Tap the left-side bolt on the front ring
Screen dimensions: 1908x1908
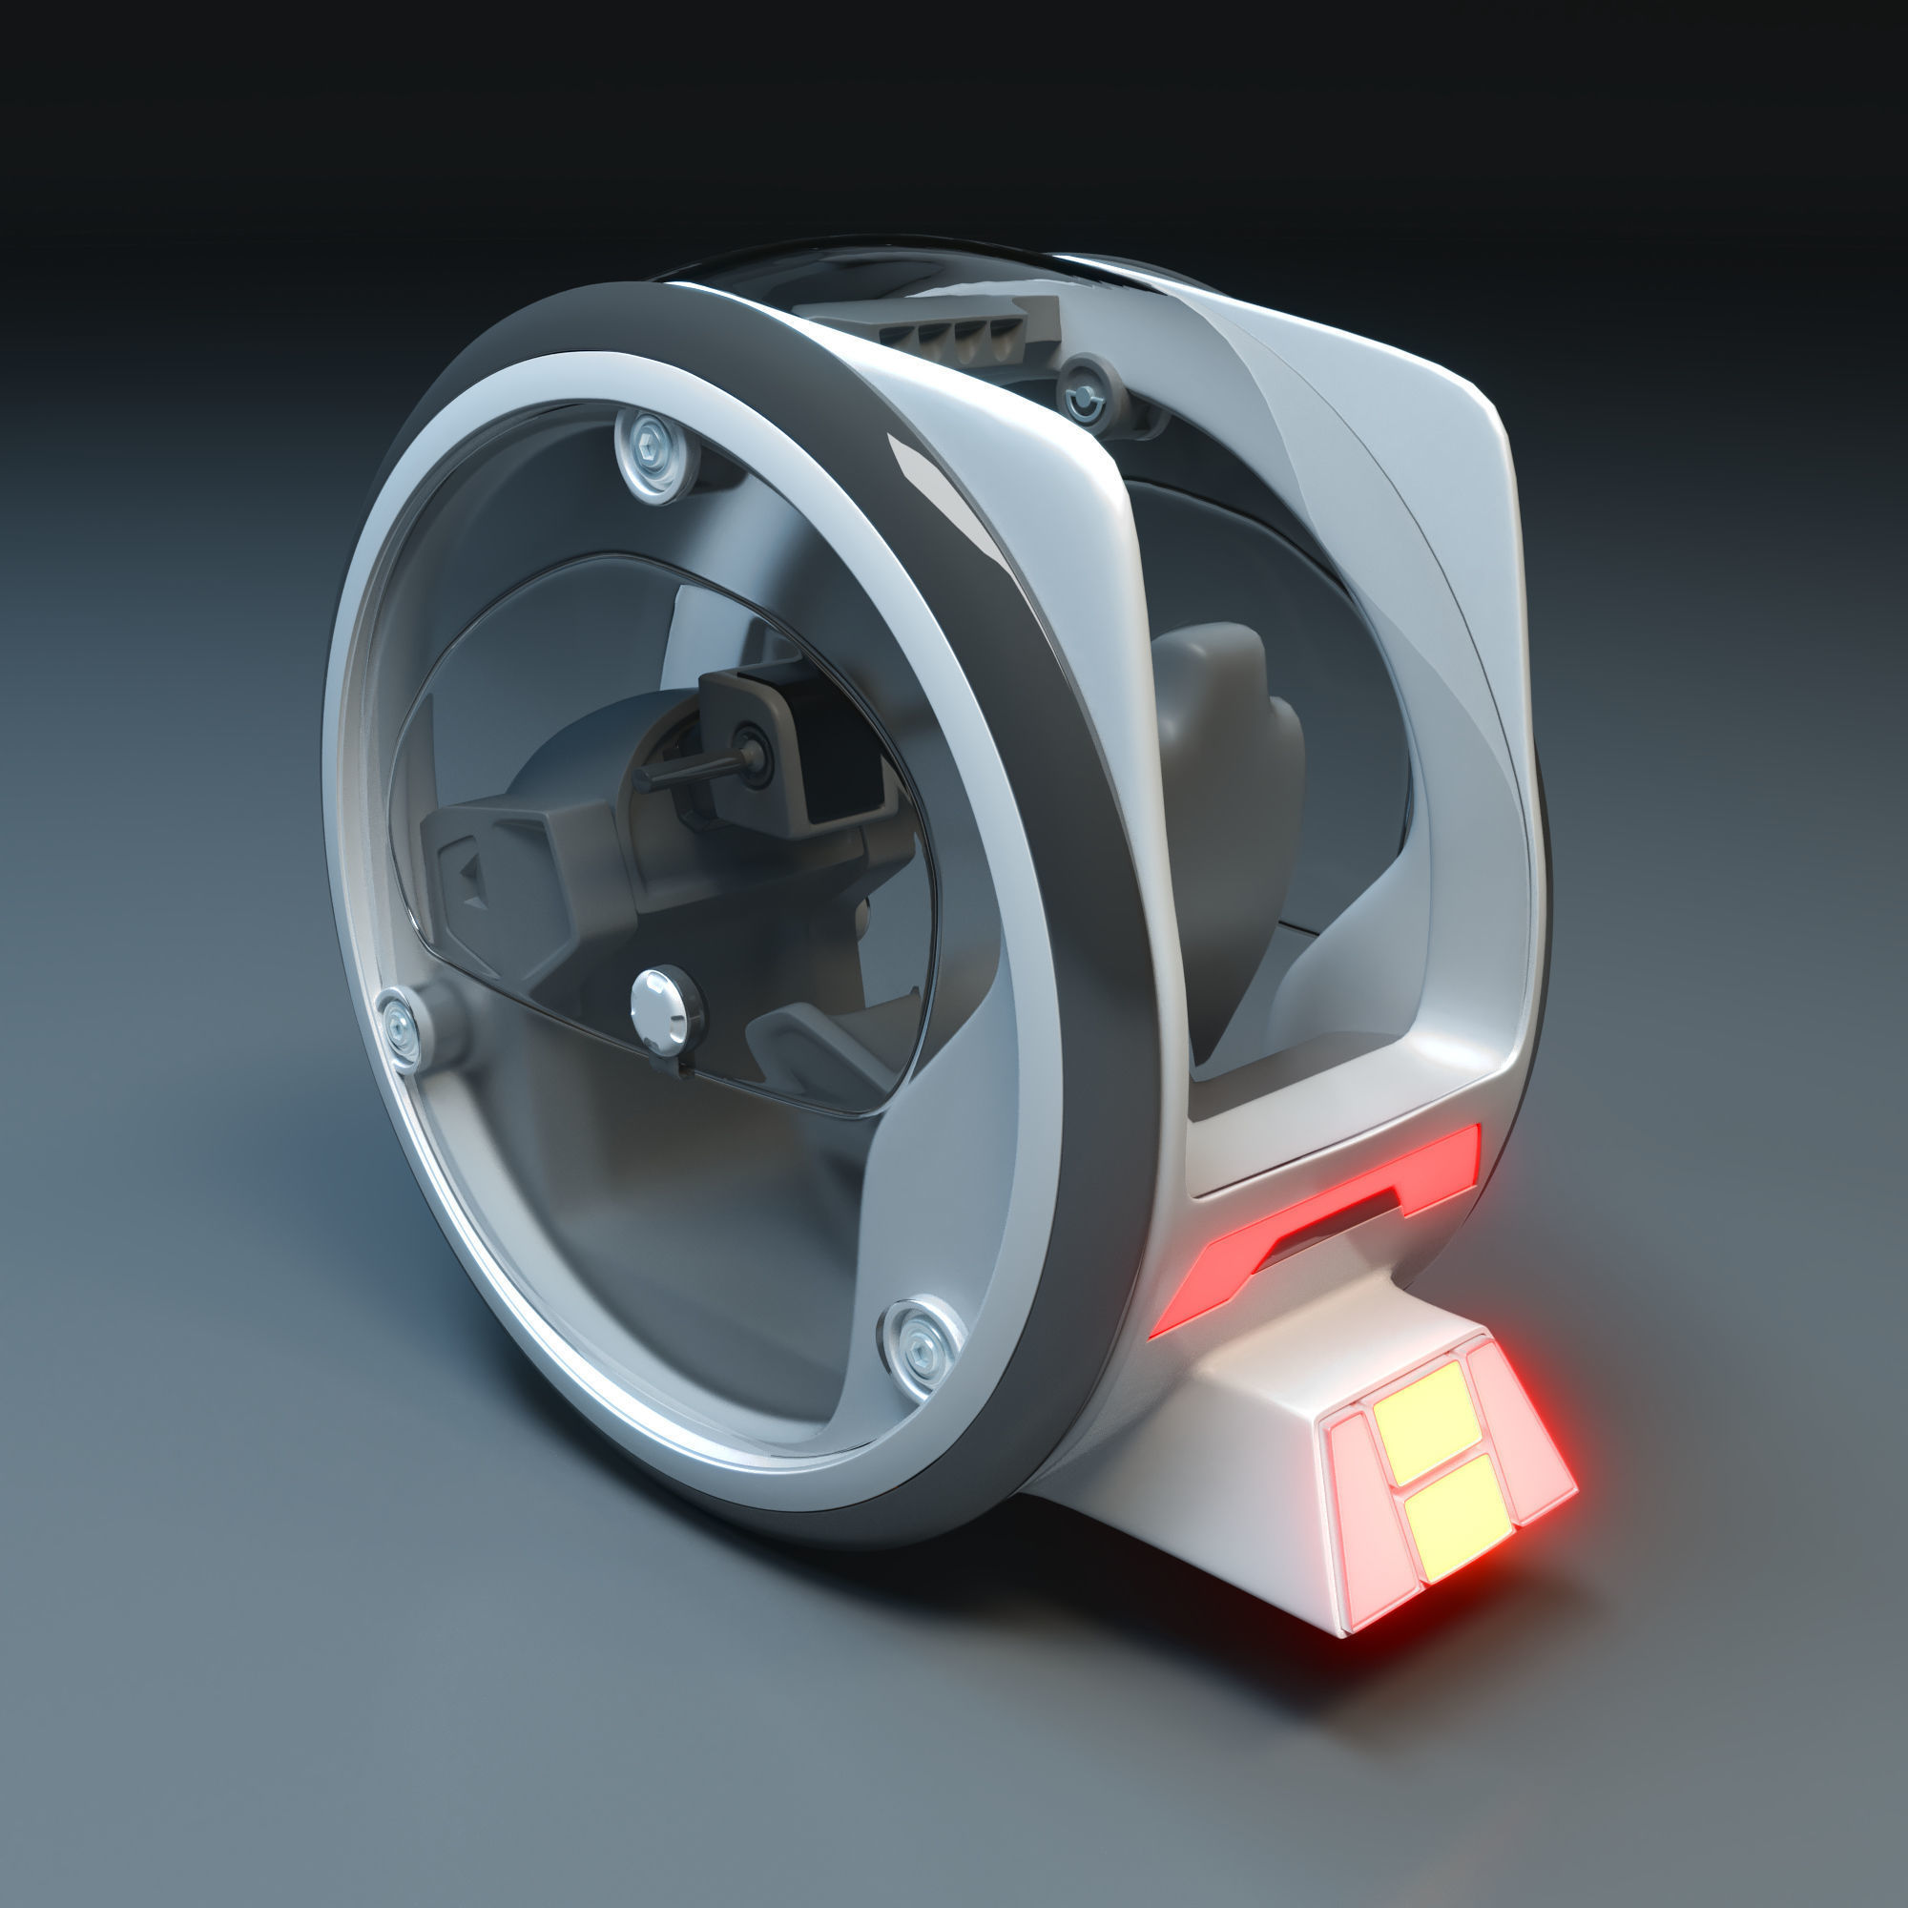click(x=400, y=1027)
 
